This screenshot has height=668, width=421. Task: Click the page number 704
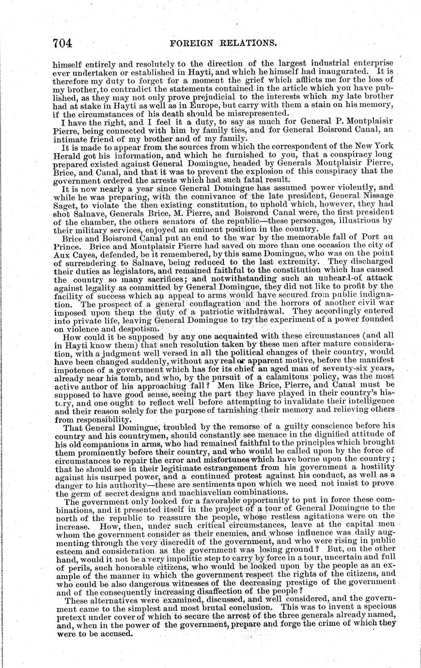[62, 43]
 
